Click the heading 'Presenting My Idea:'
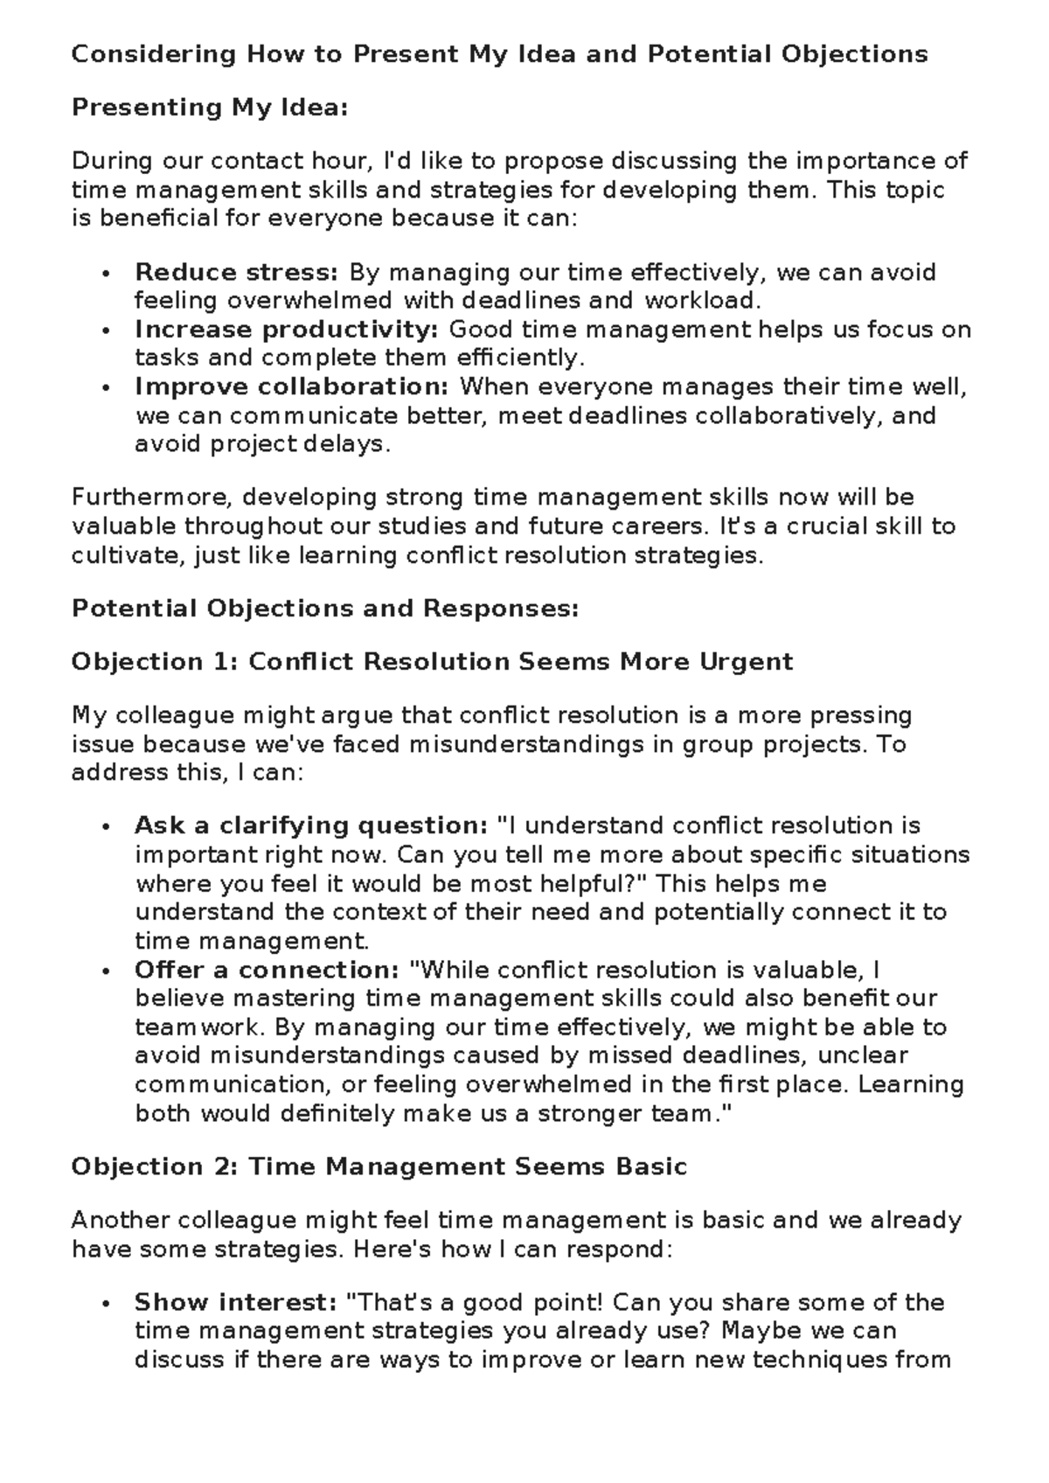click(210, 108)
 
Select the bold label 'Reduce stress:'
click(236, 273)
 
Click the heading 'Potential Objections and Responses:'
click(324, 609)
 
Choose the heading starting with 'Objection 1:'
click(432, 662)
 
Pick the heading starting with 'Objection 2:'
click(379, 1166)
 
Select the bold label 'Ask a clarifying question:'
click(310, 825)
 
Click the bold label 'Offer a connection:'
click(267, 970)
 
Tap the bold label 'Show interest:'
click(235, 1302)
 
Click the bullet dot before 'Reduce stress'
click(106, 274)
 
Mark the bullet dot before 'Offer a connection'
click(106, 971)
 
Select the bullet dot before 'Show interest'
click(106, 1303)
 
